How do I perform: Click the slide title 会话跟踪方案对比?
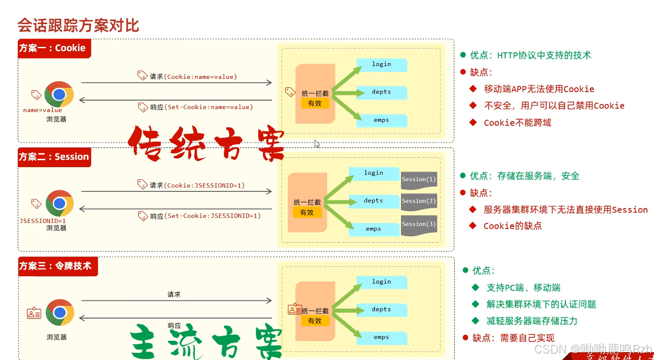[x=78, y=25]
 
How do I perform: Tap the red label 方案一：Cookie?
[x=53, y=48]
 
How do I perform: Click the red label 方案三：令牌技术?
[x=56, y=266]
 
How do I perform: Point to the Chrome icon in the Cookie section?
[x=59, y=94]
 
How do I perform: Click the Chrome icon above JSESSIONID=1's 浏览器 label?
[x=60, y=203]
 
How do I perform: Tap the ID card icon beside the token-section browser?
[x=34, y=313]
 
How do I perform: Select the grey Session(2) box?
[x=419, y=201]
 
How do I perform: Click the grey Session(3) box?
[x=419, y=224]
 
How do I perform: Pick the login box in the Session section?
[x=374, y=173]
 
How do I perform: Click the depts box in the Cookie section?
[x=381, y=92]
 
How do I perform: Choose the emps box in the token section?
[x=381, y=338]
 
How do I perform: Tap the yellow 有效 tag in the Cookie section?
[x=315, y=104]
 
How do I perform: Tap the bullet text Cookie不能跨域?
[x=517, y=123]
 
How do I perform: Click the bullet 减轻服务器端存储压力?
[x=532, y=321]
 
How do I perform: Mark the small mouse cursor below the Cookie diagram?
[x=317, y=144]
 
